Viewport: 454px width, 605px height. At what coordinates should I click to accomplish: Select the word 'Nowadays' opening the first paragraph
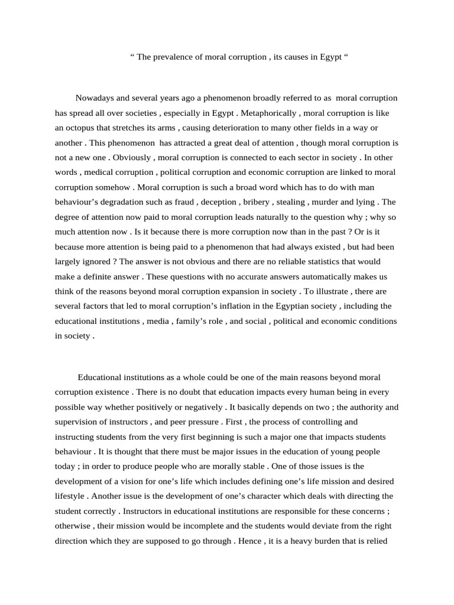(x=94, y=98)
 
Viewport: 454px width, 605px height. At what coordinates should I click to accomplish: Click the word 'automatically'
(x=298, y=277)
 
